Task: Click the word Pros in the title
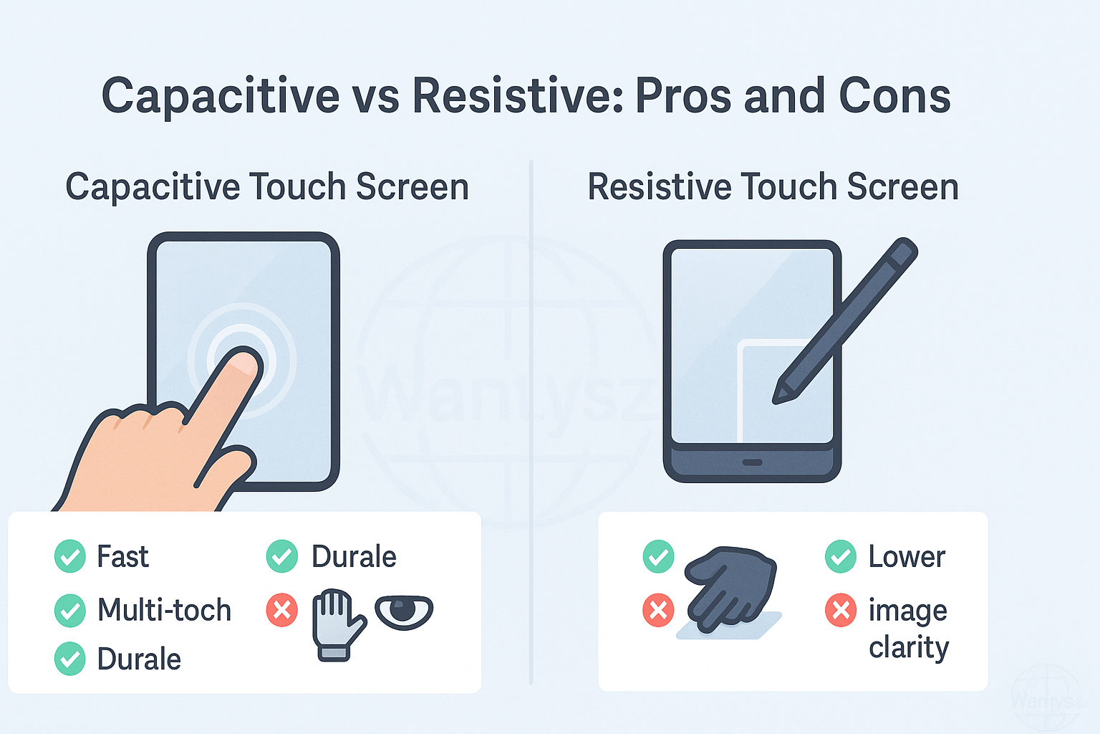pos(683,95)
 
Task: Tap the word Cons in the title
pos(894,95)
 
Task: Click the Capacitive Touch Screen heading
pos(268,187)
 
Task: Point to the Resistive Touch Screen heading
pos(773,187)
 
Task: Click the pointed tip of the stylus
pos(776,400)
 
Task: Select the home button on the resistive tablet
pos(752,462)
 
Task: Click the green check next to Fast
pos(69,556)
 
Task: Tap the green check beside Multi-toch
pos(69,610)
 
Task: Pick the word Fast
pos(122,556)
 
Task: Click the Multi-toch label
pos(164,609)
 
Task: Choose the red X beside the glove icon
pos(282,610)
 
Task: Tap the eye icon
pos(404,612)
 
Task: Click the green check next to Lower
pos(841,556)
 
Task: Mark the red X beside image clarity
pos(841,610)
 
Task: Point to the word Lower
pos(907,556)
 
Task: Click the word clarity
pos(909,648)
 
